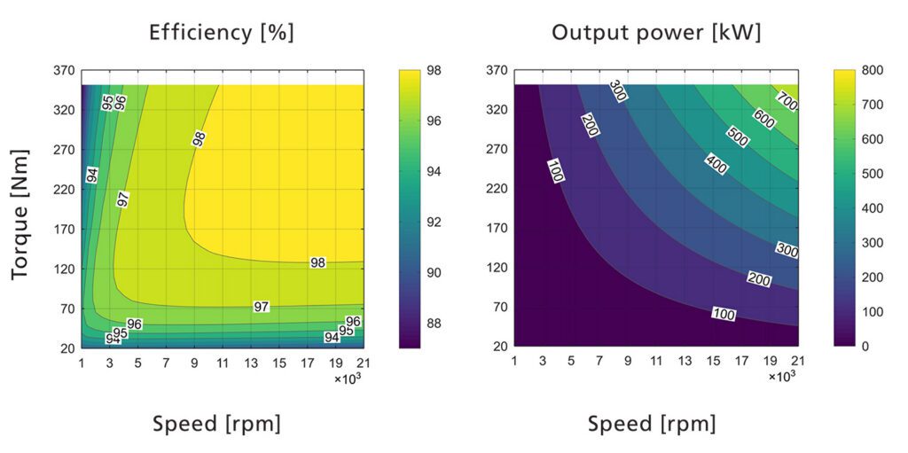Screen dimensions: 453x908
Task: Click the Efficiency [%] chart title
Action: click(222, 34)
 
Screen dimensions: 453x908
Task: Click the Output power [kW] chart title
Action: click(656, 34)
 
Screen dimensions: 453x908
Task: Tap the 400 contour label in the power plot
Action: click(716, 163)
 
